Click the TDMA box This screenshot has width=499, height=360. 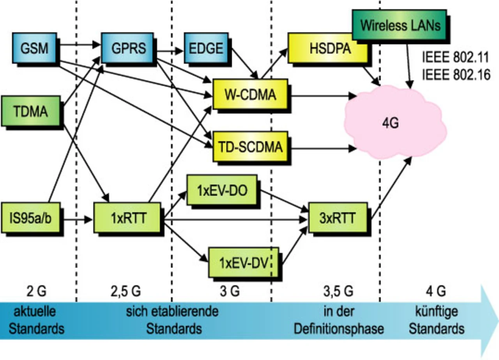point(31,111)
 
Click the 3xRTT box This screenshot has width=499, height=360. point(338,218)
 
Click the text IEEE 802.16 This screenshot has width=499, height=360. point(456,75)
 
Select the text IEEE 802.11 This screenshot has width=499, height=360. point(456,58)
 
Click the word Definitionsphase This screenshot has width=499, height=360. point(339,328)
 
